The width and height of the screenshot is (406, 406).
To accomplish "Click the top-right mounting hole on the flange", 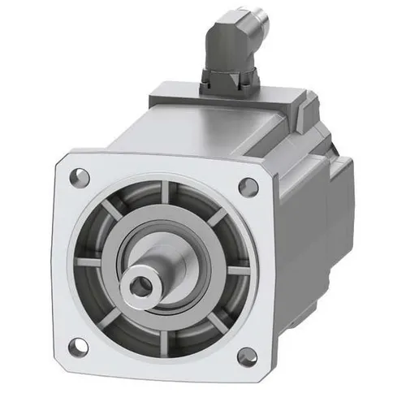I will (248, 187).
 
